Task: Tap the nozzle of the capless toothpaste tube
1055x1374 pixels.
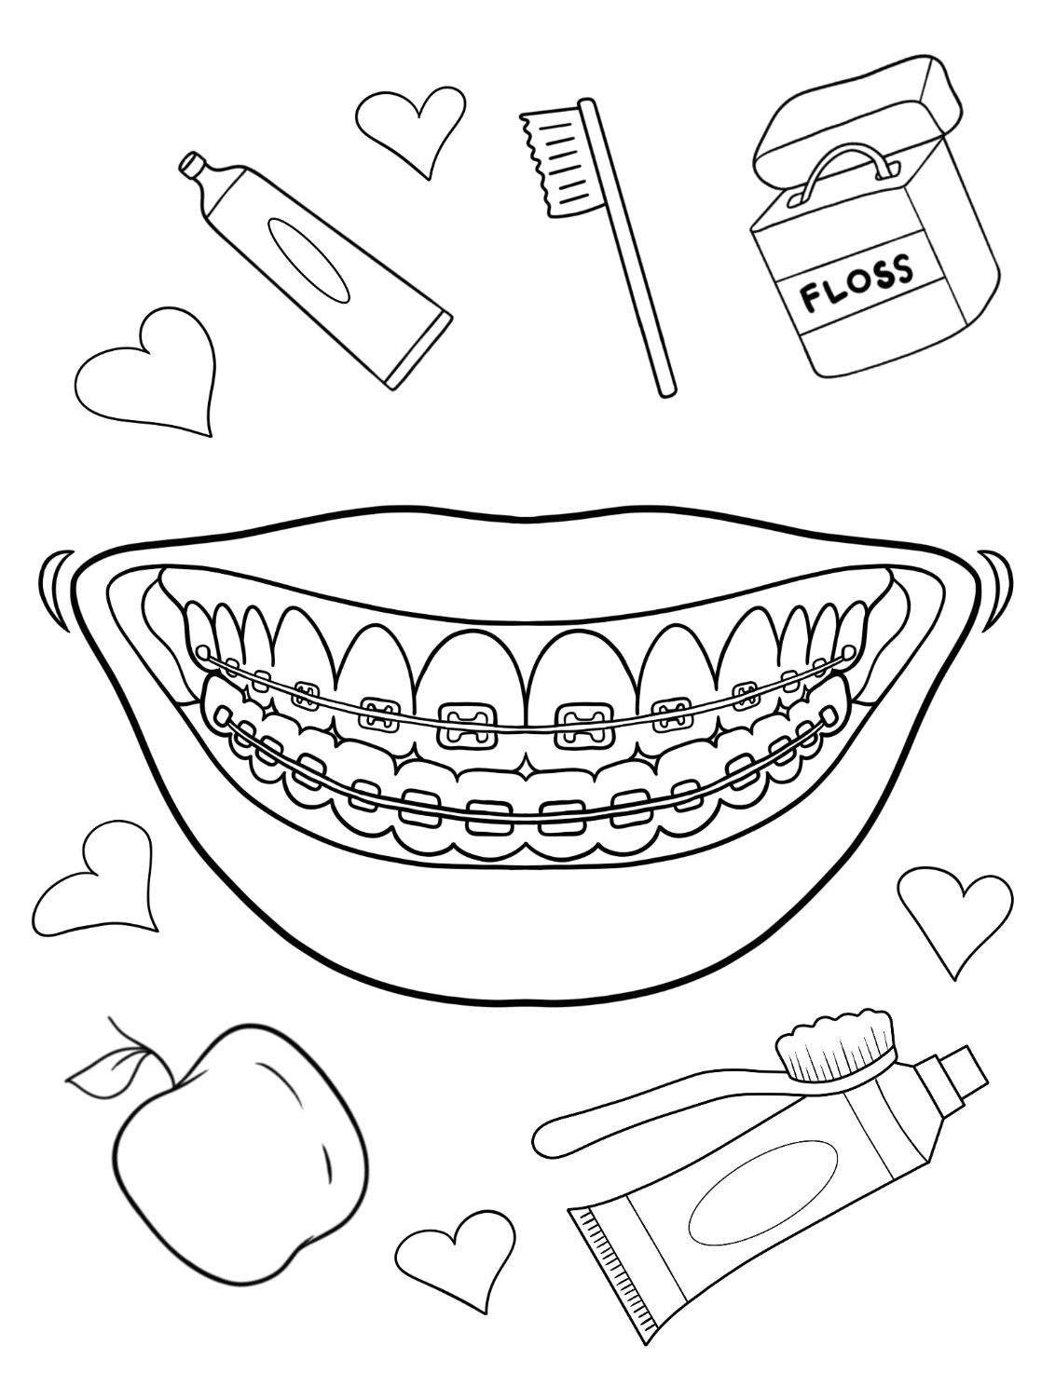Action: click(193, 168)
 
